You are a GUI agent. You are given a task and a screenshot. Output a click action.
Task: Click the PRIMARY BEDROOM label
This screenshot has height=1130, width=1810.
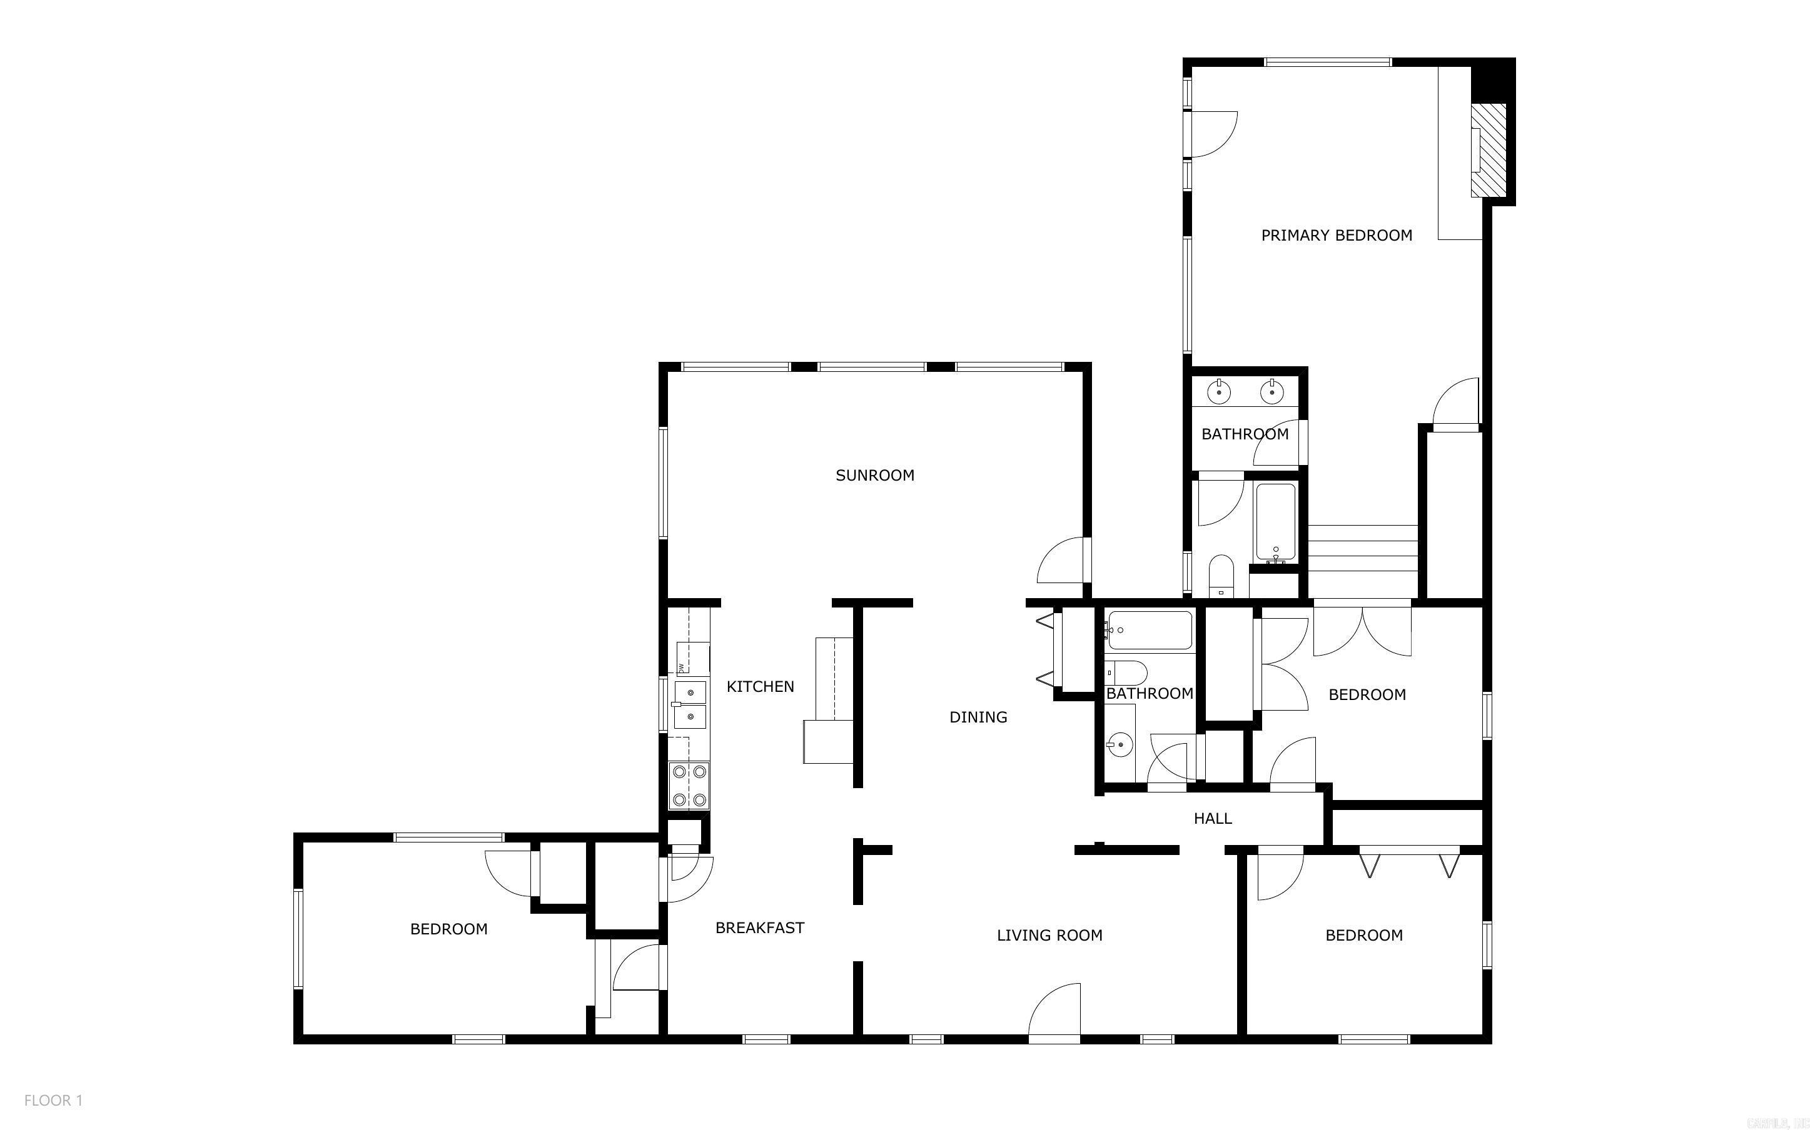pyautogui.click(x=1336, y=236)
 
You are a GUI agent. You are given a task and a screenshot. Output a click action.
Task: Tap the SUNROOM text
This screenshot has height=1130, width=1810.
pyautogui.click(x=875, y=476)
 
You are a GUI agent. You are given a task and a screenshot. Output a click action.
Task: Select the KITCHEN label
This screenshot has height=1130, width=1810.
pyautogui.click(x=759, y=686)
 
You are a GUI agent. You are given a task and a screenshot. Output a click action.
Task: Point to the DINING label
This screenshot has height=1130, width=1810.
pyautogui.click(x=978, y=717)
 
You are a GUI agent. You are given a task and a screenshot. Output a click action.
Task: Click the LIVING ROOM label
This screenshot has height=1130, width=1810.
pyautogui.click(x=1049, y=935)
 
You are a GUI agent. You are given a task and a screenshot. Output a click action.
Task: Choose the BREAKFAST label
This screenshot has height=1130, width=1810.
pyautogui.click(x=759, y=927)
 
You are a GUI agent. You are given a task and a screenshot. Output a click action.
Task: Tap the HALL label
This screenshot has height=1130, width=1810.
pyautogui.click(x=1212, y=818)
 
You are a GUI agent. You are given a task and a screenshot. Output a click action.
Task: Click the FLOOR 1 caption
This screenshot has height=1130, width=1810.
pyautogui.click(x=53, y=1100)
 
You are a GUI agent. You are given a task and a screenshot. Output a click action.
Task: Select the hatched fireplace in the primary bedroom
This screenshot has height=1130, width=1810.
pyautogui.click(x=1488, y=150)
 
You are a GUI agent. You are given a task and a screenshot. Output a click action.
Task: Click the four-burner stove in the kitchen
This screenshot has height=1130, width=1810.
pyautogui.click(x=689, y=786)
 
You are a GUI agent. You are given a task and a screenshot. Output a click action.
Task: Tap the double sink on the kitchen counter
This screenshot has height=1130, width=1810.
pyautogui.click(x=690, y=704)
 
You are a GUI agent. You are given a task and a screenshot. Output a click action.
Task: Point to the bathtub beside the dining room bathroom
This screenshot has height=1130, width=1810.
pyautogui.click(x=1150, y=630)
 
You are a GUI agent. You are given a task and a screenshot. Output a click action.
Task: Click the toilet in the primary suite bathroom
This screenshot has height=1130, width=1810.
pyautogui.click(x=1221, y=576)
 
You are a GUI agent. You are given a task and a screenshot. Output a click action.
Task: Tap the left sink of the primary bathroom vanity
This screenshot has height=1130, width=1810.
pyautogui.click(x=1218, y=391)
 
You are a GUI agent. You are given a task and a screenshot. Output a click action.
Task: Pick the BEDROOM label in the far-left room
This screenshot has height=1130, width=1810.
pyautogui.click(x=448, y=929)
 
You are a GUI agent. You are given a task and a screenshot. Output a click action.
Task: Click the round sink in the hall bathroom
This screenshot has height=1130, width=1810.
pyautogui.click(x=1119, y=745)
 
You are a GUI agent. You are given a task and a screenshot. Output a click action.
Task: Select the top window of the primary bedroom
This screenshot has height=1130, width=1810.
pyautogui.click(x=1327, y=62)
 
